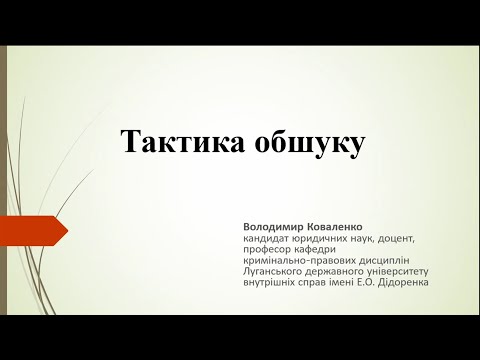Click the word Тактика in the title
coord(177,141)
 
